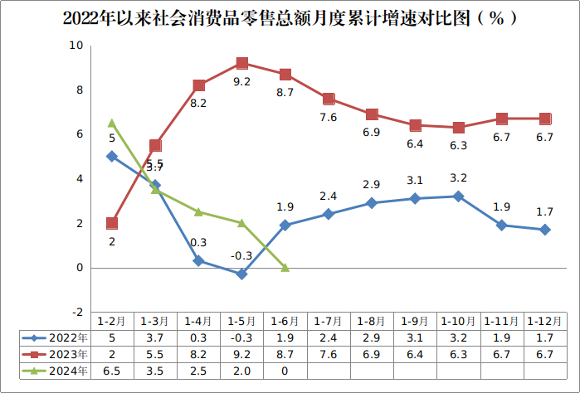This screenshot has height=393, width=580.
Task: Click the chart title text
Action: pos(290,17)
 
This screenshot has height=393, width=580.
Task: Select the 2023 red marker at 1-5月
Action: pos(242,63)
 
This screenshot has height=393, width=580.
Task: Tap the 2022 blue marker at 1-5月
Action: pos(242,274)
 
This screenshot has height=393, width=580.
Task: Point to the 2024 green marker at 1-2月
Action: pos(112,124)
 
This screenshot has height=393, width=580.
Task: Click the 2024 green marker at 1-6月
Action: pos(285,268)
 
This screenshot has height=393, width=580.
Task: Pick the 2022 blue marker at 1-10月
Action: pos(459,196)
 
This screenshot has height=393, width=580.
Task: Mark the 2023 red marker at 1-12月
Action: pos(545,119)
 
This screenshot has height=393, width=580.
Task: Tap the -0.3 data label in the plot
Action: pos(241,256)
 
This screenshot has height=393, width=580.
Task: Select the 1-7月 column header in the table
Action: pos(329,321)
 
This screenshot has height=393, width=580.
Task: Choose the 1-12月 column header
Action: pos(545,321)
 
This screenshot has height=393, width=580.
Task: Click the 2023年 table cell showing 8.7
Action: pos(285,355)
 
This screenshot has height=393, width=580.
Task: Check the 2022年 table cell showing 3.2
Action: pos(459,338)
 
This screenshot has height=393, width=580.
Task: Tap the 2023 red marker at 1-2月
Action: pos(112,223)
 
